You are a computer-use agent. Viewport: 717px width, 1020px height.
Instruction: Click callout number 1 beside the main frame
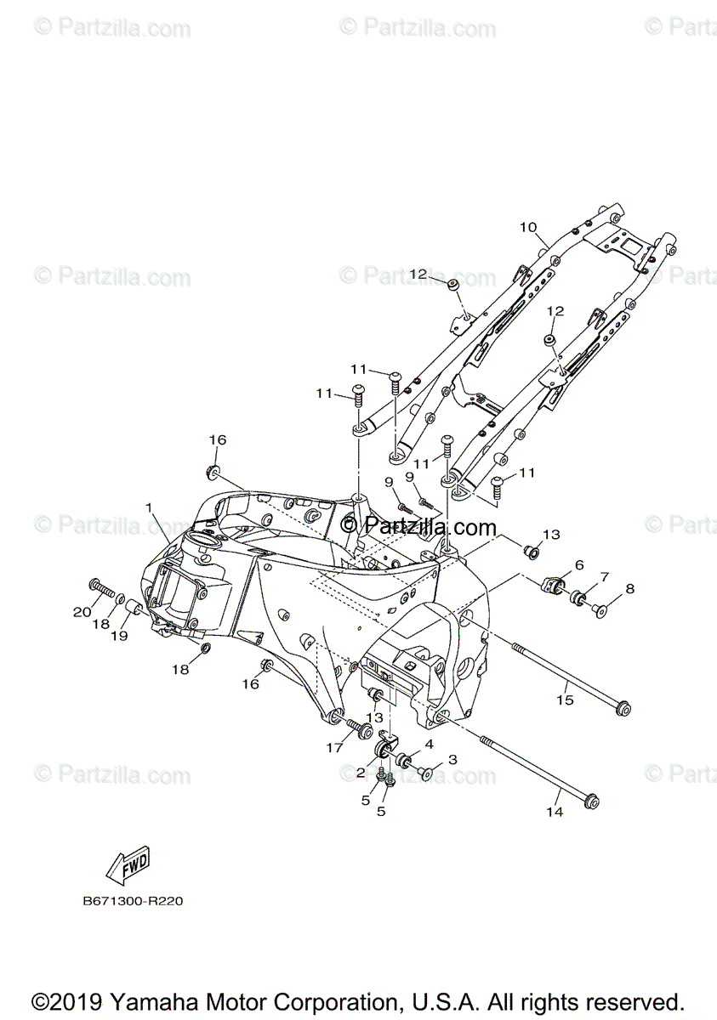[149, 508]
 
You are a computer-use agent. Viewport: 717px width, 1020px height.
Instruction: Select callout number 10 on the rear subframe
[528, 227]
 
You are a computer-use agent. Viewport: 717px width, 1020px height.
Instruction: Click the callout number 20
[82, 612]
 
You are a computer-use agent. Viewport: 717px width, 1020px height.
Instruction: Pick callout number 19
[118, 635]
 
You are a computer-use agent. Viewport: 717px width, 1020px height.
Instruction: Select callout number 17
[334, 747]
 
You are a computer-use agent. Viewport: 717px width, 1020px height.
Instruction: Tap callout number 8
[629, 588]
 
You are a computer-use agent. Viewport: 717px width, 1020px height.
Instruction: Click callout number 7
[605, 577]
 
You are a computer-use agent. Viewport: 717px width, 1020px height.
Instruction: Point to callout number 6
[579, 564]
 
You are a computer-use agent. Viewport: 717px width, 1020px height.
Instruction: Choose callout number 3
[452, 758]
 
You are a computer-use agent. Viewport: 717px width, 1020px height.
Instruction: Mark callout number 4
[430, 744]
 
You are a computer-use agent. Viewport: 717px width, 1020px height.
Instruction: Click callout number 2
[361, 772]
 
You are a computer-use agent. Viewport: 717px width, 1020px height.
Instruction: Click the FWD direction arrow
[128, 864]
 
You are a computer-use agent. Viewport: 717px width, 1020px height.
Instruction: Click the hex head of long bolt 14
[592, 801]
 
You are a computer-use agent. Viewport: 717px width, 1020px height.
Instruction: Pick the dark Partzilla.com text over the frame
[418, 526]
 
